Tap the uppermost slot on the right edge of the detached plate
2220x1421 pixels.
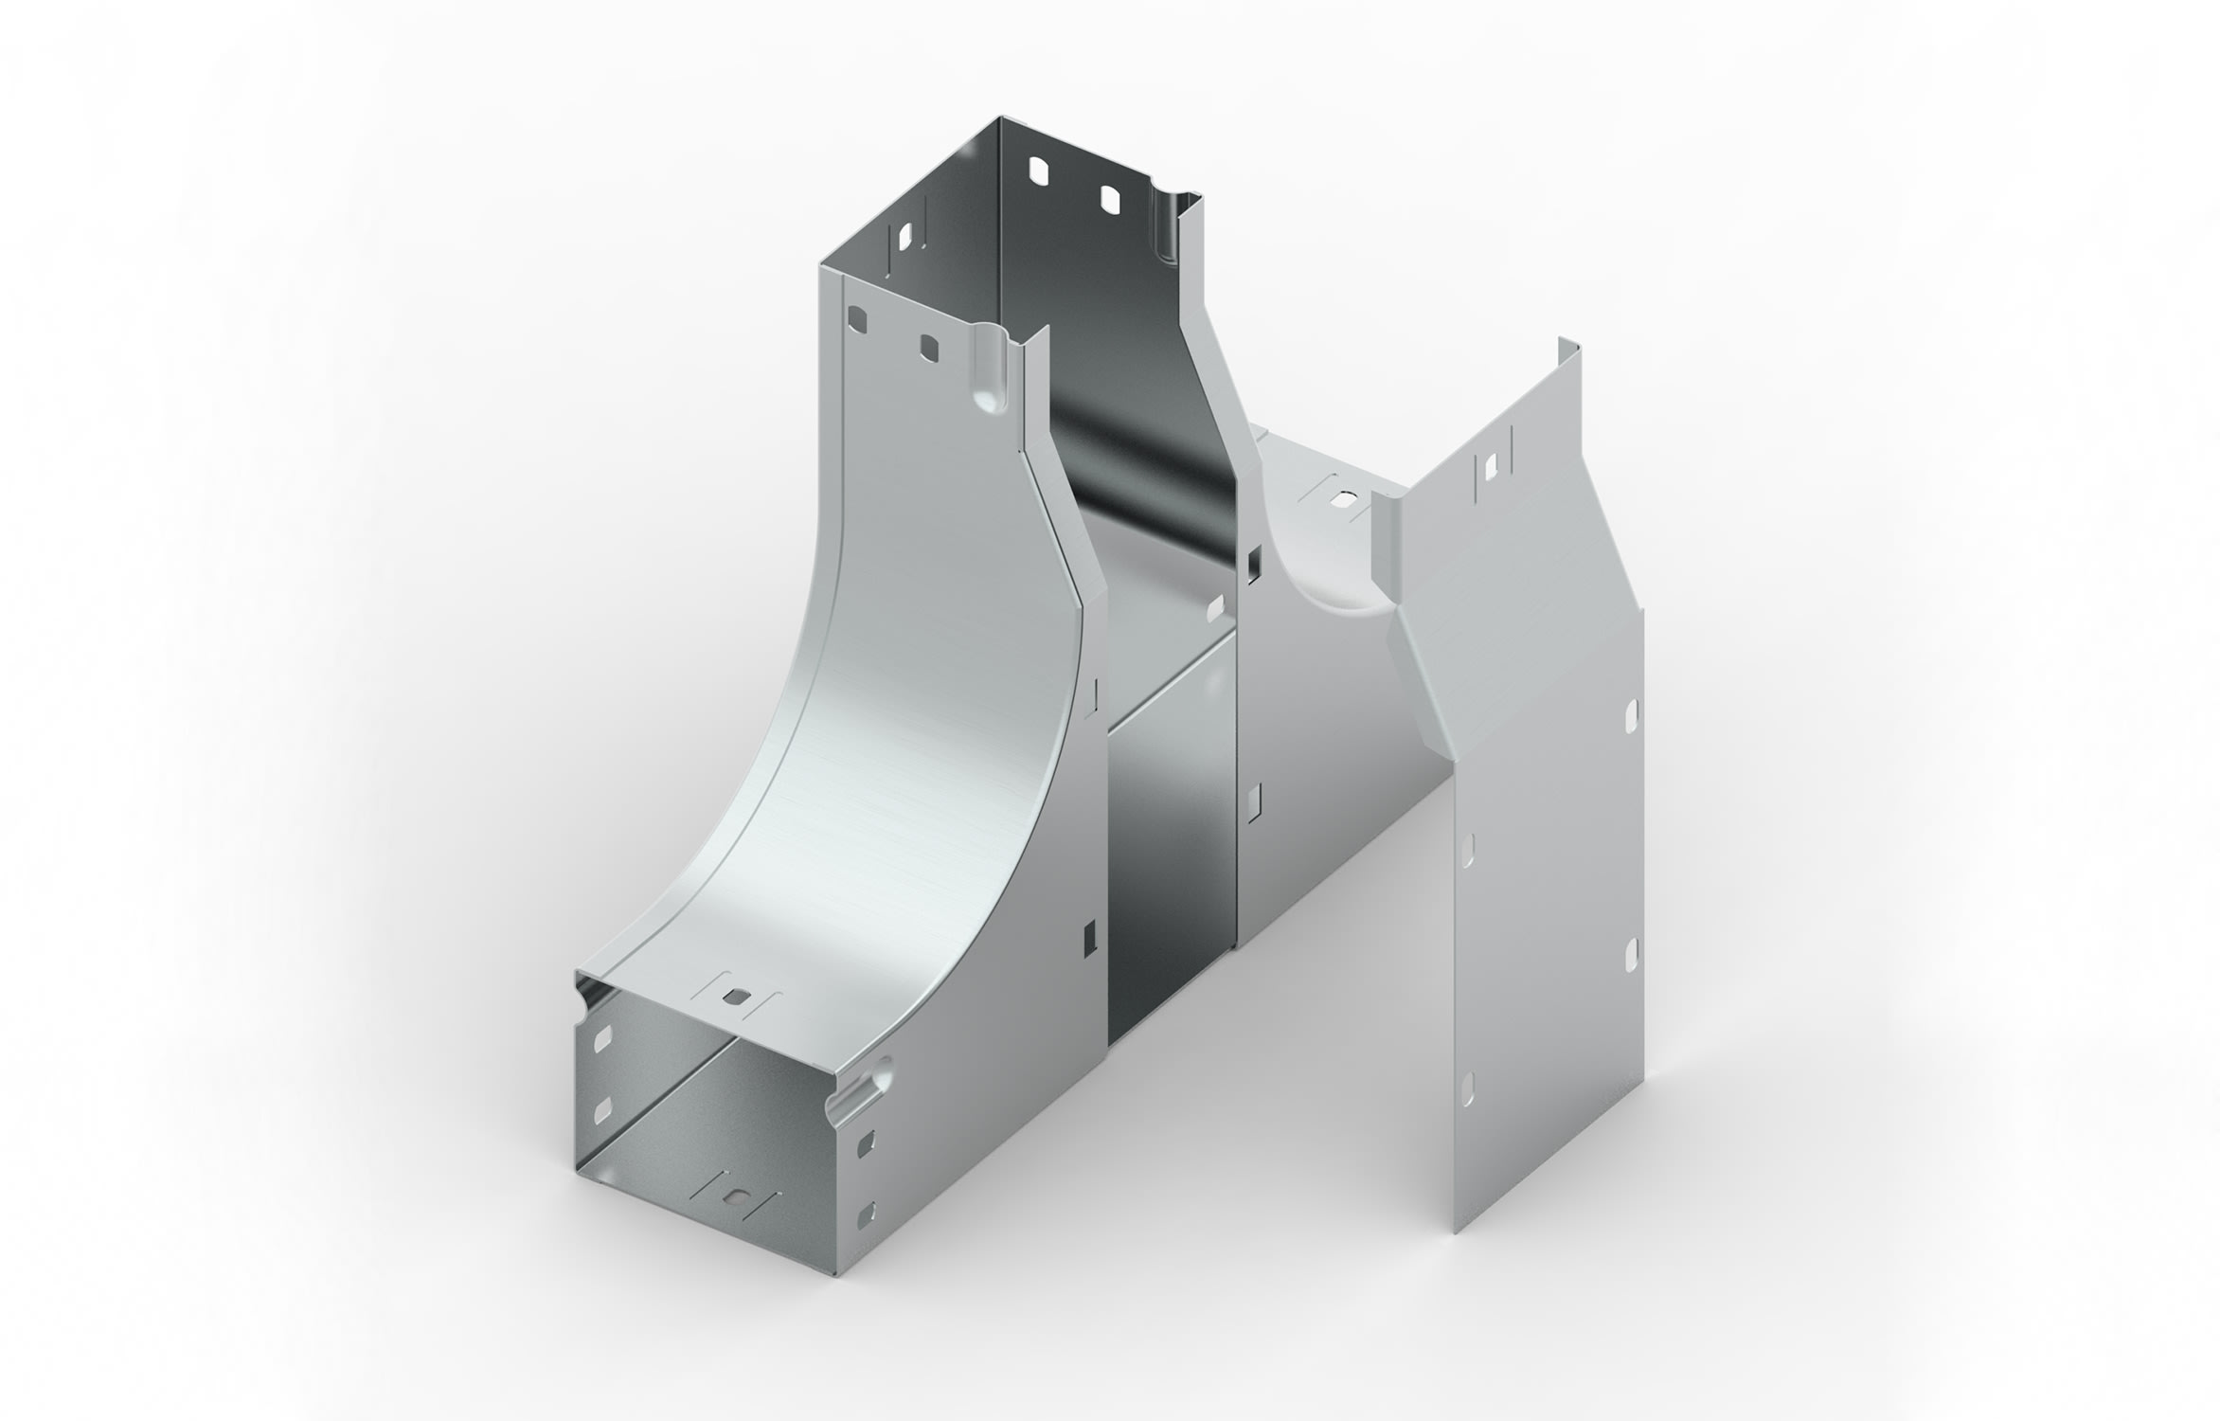[x=1631, y=717]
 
